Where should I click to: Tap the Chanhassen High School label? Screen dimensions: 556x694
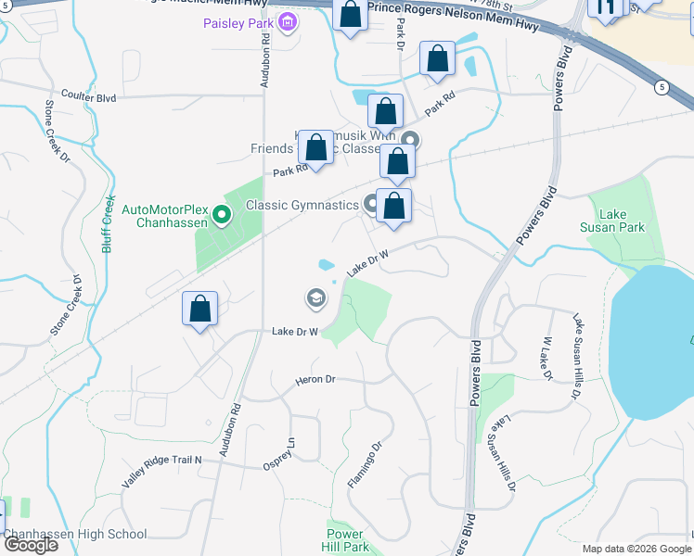76,534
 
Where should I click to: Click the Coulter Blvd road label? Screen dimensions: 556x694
88,96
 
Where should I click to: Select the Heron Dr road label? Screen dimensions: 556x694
315,380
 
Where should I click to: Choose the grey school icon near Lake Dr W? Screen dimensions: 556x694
315,297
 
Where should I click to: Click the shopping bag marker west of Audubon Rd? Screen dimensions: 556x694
199,309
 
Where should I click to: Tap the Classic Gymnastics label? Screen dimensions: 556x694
302,205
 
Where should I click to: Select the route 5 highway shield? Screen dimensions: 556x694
661,87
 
